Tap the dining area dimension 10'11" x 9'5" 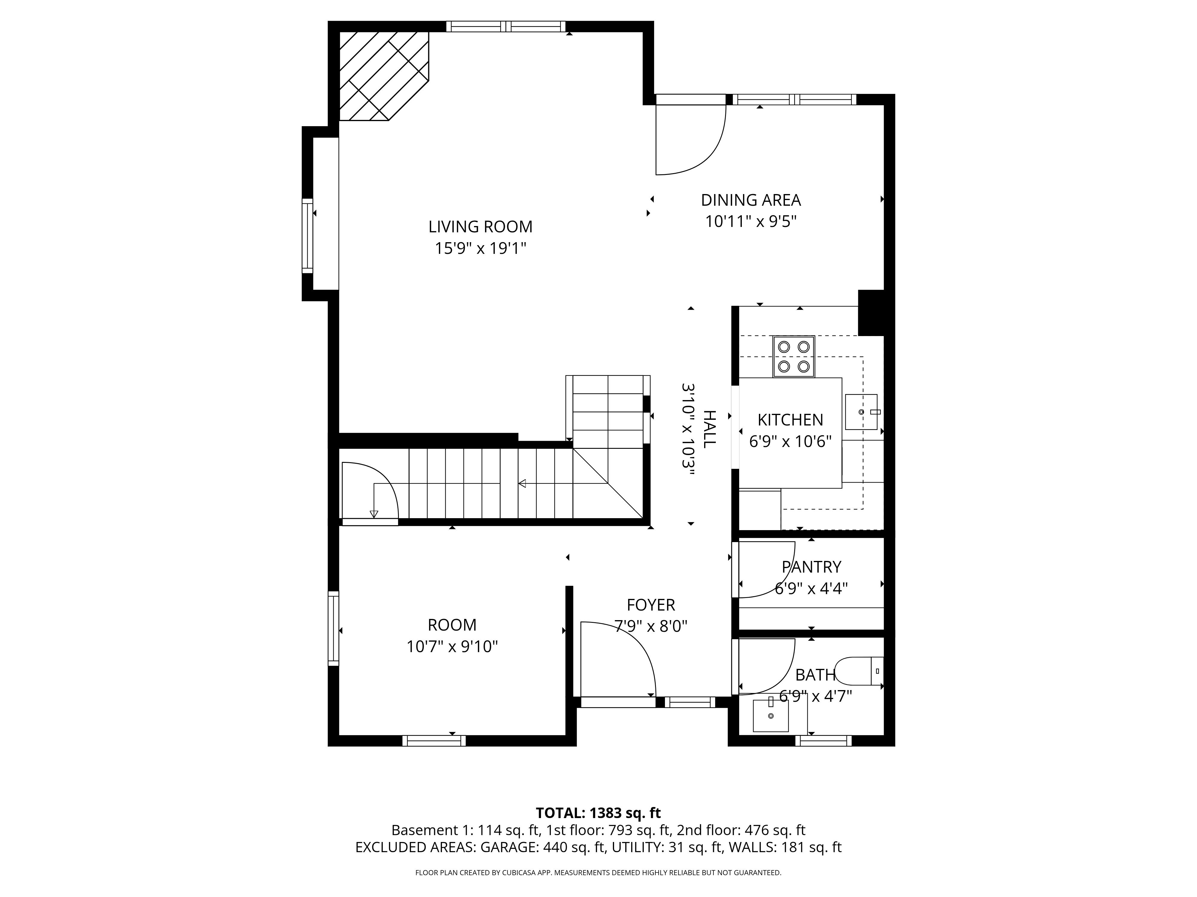click(751, 222)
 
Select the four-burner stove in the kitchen click(793, 356)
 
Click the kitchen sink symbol click(861, 412)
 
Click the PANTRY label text click(811, 567)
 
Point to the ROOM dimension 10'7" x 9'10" click(452, 647)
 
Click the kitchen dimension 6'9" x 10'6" click(790, 442)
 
